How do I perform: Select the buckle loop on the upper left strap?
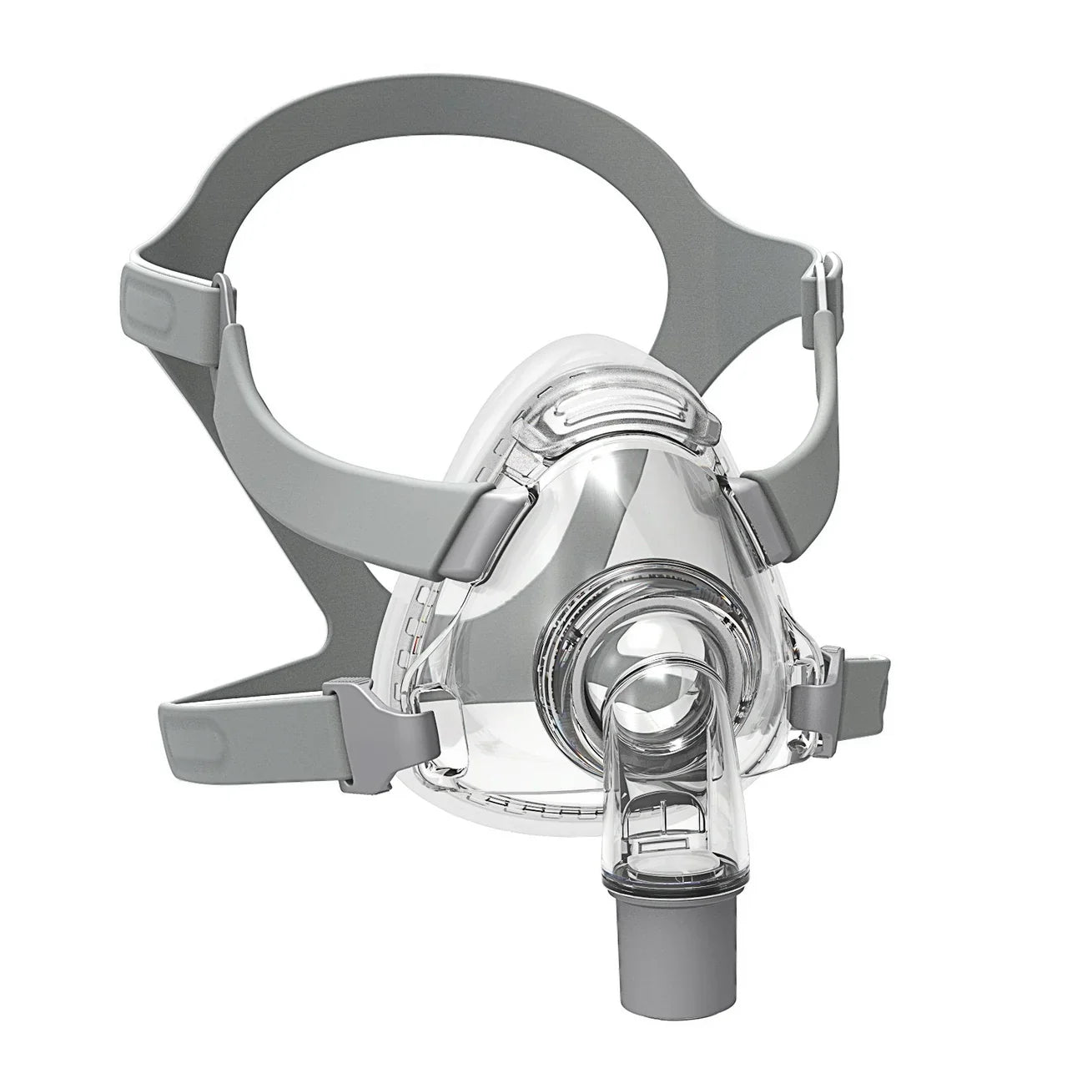[x=222, y=300]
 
